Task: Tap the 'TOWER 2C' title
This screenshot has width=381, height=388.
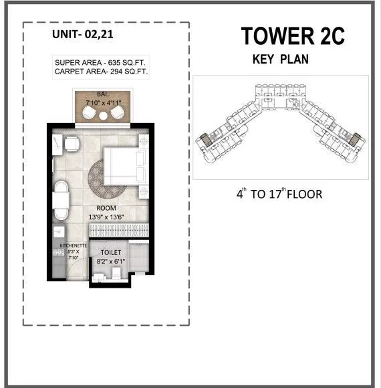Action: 293,37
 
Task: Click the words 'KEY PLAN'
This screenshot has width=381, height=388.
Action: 281,59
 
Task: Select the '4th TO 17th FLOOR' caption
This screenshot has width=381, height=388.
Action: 279,195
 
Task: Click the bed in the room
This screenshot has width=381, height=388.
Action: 125,165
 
